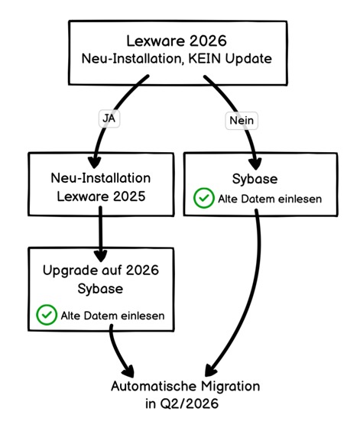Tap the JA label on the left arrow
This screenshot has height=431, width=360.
point(109,118)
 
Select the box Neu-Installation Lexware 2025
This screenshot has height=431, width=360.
point(100,187)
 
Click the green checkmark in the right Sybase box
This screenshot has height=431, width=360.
point(203,199)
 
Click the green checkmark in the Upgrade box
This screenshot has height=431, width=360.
point(47,314)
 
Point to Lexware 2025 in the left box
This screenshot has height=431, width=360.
point(100,196)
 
